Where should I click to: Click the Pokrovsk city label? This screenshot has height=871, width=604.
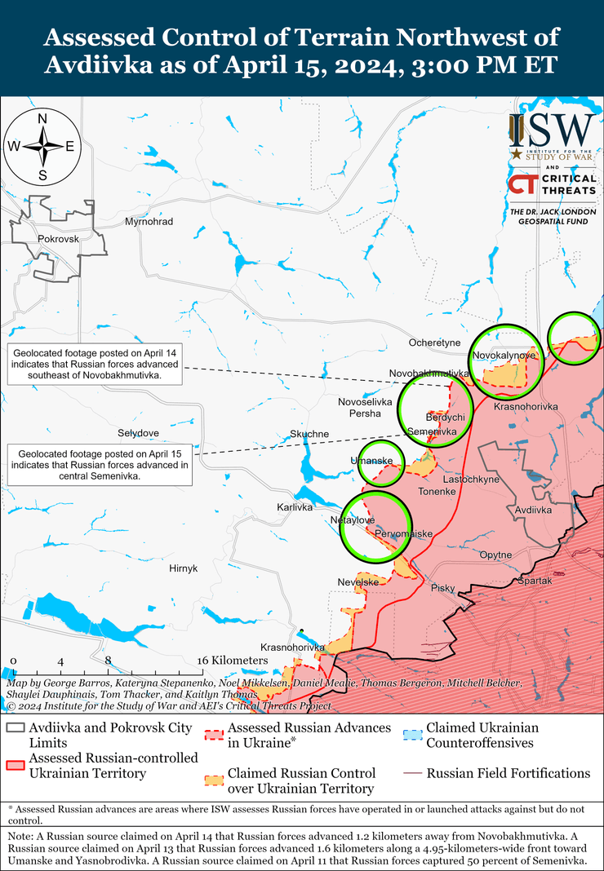tap(57, 239)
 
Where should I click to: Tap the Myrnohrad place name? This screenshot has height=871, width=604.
tap(149, 222)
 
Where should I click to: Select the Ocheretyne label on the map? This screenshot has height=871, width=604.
tap(435, 343)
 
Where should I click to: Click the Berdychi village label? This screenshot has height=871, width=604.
tap(446, 418)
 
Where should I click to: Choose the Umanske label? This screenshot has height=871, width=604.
tap(372, 462)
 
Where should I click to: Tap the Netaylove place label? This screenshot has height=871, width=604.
tap(352, 520)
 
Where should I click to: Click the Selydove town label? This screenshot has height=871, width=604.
tap(139, 432)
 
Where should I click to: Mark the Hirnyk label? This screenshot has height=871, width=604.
tap(183, 568)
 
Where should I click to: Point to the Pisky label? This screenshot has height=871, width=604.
tap(443, 588)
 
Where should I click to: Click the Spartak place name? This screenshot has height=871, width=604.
tap(535, 581)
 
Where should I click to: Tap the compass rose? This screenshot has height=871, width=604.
tap(42, 147)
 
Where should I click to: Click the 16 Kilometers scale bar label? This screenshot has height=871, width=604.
tap(233, 660)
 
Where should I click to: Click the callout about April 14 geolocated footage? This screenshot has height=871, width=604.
tap(95, 364)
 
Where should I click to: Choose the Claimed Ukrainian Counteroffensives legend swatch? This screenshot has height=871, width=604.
tap(413, 734)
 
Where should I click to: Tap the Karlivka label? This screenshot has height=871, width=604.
tap(295, 507)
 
